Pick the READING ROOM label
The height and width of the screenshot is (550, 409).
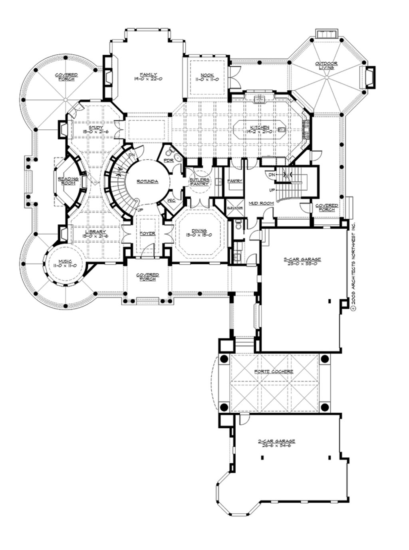(x=68, y=181)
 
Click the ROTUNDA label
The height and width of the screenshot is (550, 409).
(x=147, y=182)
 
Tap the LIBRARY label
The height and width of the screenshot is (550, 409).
(x=96, y=232)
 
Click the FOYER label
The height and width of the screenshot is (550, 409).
(x=147, y=233)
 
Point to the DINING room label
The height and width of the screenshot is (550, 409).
(x=199, y=231)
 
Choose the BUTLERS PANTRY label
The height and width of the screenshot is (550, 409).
(x=200, y=182)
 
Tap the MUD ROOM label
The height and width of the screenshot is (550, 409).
(x=261, y=203)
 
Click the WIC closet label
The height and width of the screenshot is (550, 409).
(x=171, y=200)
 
